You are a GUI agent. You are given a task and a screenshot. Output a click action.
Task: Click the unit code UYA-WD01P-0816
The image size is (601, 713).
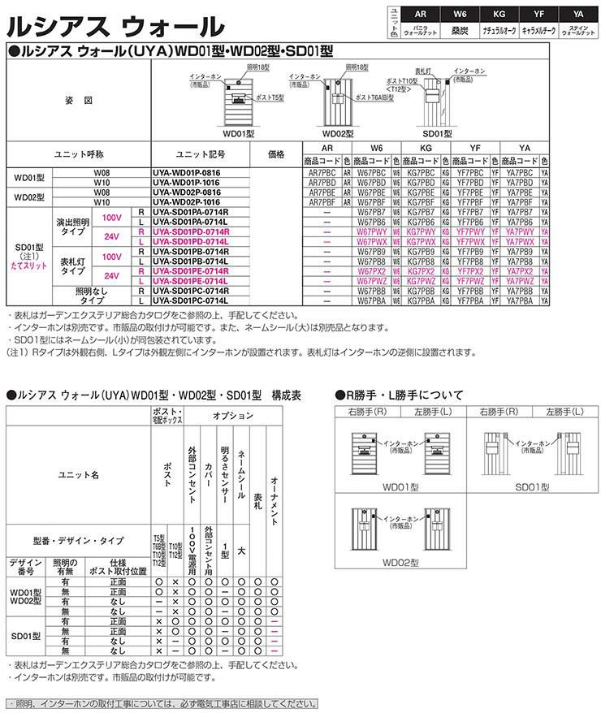point(186,173)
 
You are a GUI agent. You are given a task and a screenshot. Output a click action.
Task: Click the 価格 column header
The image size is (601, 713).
point(275,153)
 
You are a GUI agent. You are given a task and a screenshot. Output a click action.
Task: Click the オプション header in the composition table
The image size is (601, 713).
point(232,414)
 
